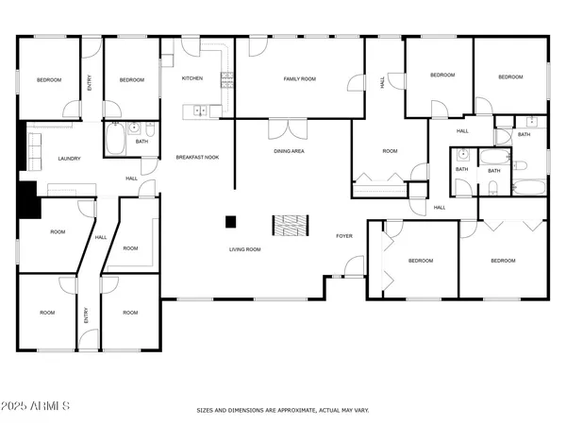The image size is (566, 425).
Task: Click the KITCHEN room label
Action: (x=193, y=78)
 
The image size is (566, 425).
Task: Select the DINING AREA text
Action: (x=288, y=151)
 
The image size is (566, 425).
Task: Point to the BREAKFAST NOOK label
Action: (x=197, y=157)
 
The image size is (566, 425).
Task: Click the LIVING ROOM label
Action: (x=244, y=249)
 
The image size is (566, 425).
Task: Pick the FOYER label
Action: (x=345, y=236)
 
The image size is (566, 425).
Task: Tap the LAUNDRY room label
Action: (x=68, y=159)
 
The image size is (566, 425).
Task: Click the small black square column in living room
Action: (x=229, y=222)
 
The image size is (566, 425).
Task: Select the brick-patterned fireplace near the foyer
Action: (x=291, y=226)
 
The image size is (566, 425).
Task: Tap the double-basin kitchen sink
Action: (x=200, y=111)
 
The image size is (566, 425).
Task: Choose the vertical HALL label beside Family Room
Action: (x=382, y=82)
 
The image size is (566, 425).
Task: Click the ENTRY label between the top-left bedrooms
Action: (x=89, y=83)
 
